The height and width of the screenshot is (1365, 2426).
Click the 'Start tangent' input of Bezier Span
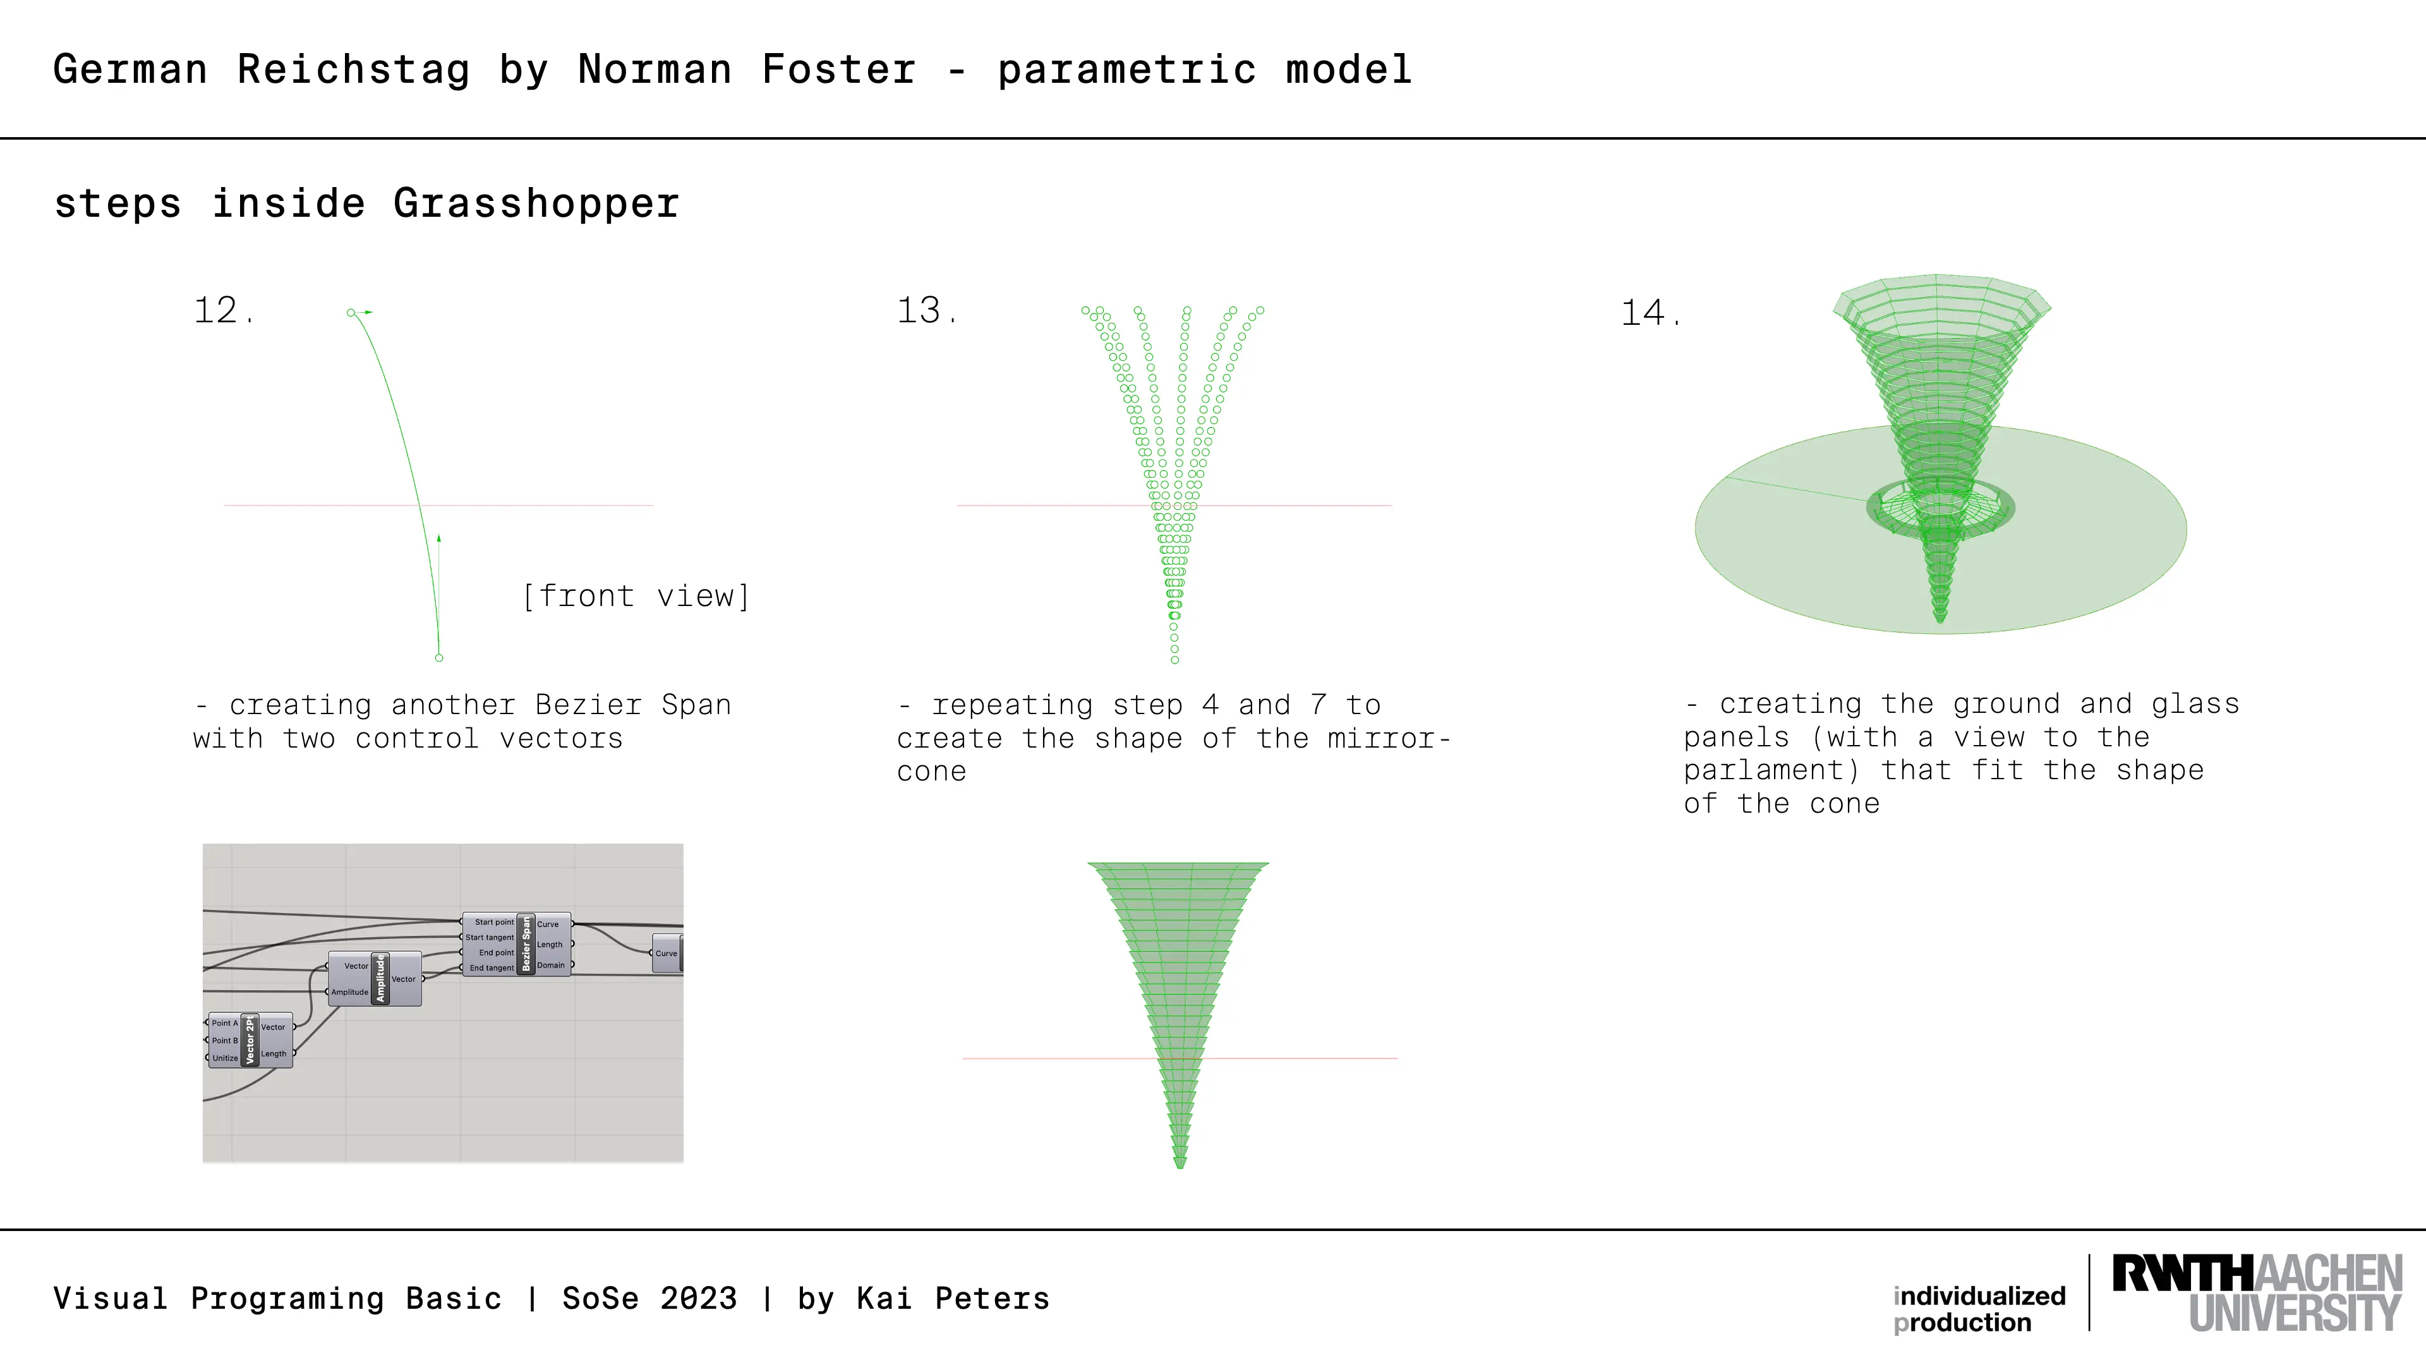point(490,937)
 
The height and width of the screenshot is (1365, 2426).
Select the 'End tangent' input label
point(492,968)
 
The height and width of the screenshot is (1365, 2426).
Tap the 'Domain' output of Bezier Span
point(551,964)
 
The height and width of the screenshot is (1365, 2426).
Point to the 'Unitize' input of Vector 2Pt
point(225,1058)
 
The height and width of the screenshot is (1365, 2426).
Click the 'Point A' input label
point(225,1023)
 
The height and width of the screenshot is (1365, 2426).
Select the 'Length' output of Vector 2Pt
point(273,1054)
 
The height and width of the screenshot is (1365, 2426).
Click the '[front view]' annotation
point(636,597)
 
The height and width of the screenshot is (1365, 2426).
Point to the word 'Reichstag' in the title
point(353,70)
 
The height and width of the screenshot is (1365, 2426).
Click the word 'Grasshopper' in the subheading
point(536,203)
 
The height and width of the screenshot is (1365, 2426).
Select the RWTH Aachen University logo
point(2257,1292)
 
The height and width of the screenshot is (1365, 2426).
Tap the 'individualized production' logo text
point(1979,1309)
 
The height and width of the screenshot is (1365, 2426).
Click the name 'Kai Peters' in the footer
point(953,1298)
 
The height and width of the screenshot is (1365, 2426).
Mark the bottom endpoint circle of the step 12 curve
point(439,657)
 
